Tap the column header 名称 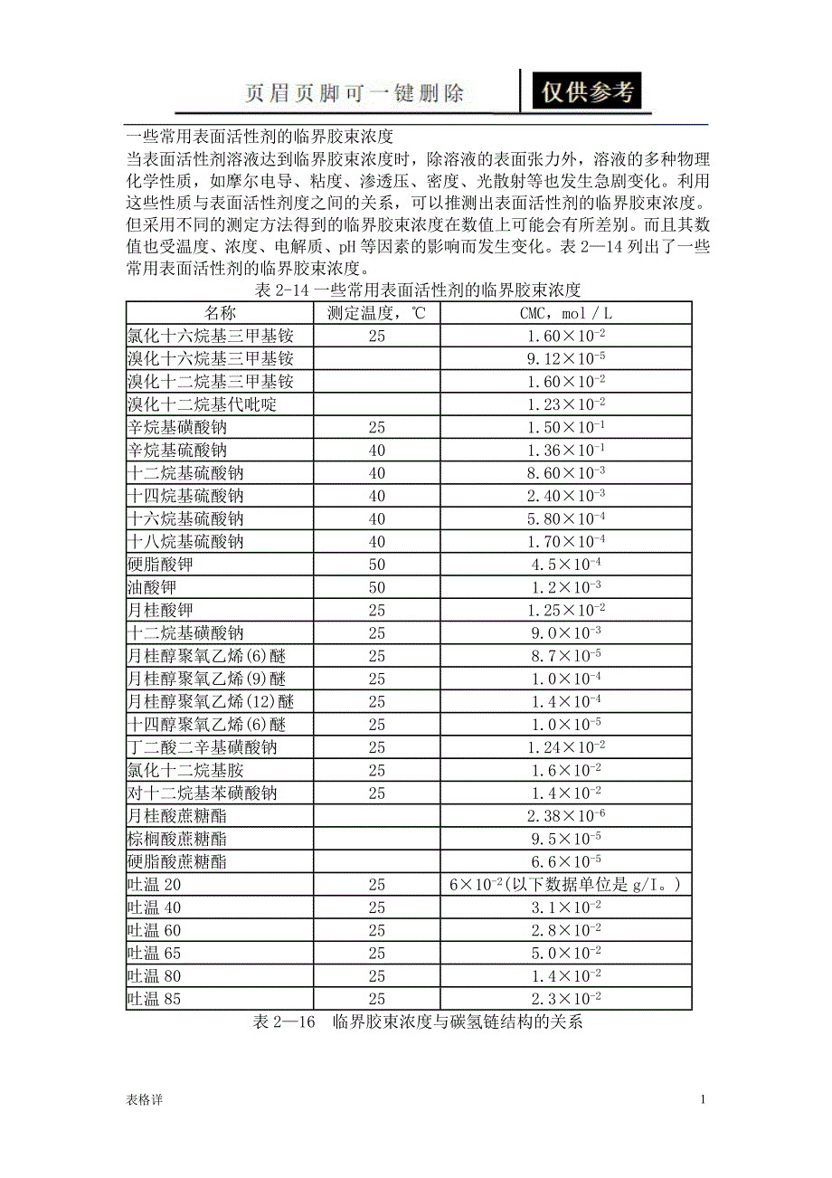[220, 313]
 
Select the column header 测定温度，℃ [376, 313]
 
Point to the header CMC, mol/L [566, 313]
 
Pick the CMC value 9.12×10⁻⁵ [566, 359]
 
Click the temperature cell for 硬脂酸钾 [376, 565]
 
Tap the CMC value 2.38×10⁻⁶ [566, 816]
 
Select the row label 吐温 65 [155, 953]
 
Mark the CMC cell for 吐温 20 [566, 884]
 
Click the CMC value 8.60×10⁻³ [566, 473]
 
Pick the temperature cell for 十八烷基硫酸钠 [376, 542]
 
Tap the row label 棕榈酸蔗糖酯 [177, 839]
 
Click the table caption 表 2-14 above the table [417, 290]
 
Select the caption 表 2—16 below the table [417, 1022]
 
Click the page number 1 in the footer [702, 1099]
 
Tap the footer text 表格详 [145, 1099]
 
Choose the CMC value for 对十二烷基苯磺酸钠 [566, 793]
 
